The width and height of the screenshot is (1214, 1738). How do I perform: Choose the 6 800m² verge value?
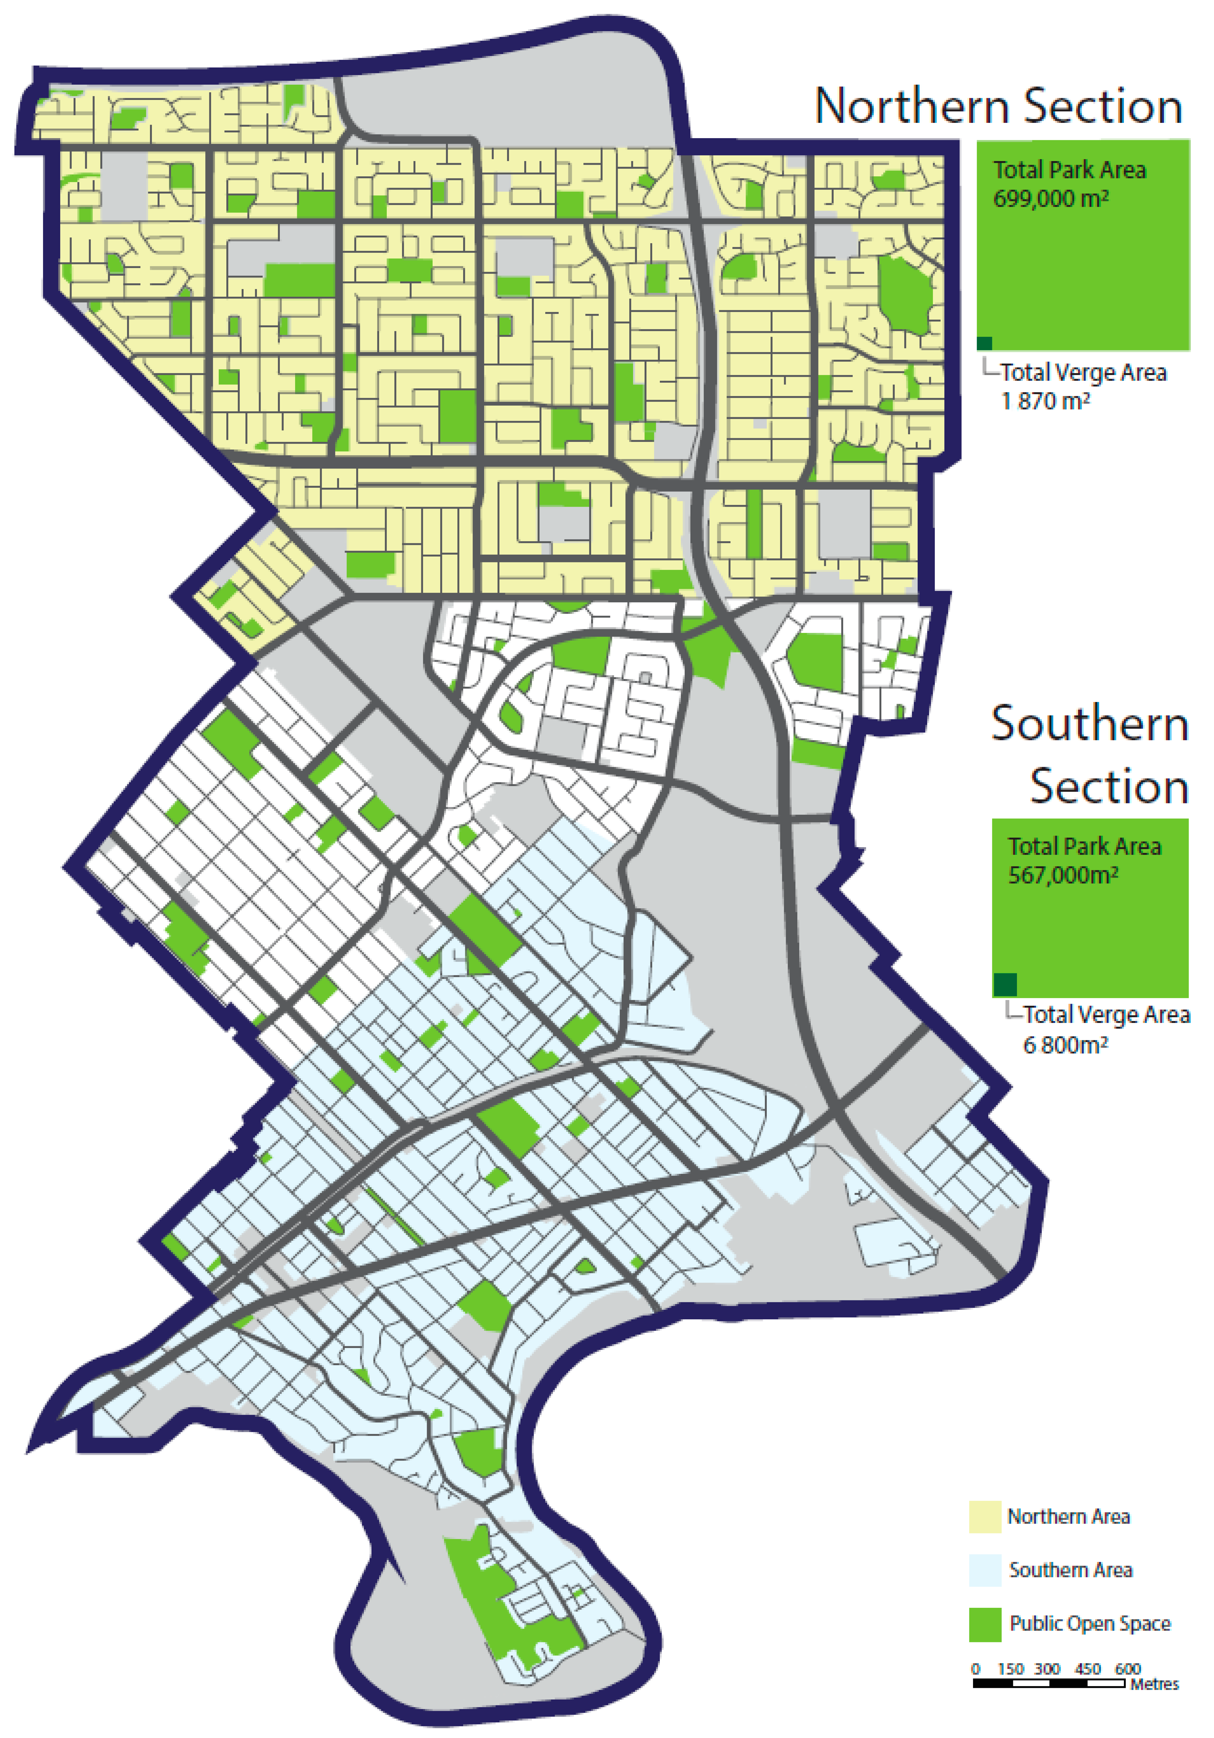(x=1066, y=1045)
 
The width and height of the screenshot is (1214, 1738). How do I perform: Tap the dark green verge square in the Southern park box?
(x=1004, y=984)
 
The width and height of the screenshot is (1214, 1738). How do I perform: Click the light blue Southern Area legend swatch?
(x=985, y=1570)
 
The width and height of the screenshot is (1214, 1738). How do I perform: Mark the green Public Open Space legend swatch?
(x=985, y=1624)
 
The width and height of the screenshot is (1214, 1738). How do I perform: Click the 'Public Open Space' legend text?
(x=1090, y=1624)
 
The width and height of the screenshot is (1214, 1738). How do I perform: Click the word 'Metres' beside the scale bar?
(x=1154, y=1684)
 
